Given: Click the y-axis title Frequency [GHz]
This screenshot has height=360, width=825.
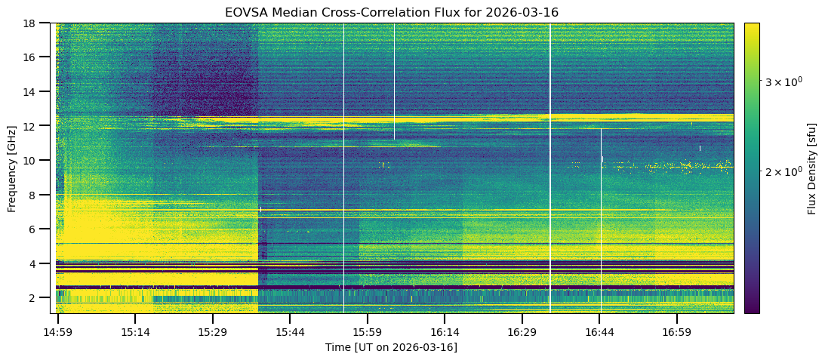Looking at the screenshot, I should [12, 168].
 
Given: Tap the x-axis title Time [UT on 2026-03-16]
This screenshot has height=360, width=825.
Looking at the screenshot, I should [391, 347].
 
